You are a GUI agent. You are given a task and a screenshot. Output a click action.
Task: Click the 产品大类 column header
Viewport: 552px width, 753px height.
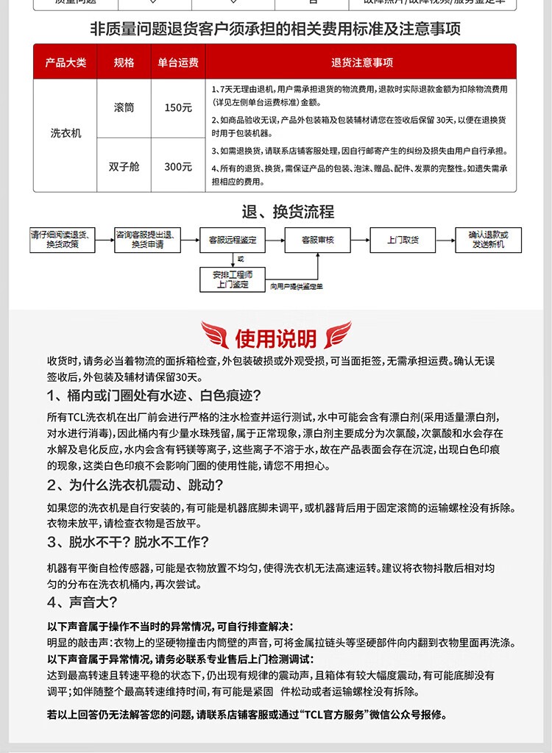coord(66,63)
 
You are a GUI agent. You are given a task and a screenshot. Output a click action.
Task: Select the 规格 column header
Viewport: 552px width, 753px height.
coord(124,63)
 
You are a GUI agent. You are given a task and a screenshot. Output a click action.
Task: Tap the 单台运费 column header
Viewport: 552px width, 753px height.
coord(177,63)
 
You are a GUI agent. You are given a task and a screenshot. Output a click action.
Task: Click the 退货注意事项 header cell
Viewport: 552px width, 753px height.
coord(362,63)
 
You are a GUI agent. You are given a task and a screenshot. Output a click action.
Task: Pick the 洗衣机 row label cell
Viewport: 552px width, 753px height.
coord(66,134)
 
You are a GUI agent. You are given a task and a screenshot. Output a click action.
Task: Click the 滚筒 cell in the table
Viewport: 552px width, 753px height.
coord(124,107)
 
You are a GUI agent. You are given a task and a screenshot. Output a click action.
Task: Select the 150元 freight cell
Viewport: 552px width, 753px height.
coord(177,107)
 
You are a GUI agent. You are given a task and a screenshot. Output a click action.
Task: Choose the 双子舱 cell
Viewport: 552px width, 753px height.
coord(124,166)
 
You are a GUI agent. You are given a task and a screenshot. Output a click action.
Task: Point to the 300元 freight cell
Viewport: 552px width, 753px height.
coord(177,166)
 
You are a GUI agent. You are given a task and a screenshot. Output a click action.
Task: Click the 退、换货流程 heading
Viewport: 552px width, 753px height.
coord(288,212)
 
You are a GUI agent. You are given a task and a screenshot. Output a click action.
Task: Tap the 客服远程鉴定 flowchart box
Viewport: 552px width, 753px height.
coord(232,240)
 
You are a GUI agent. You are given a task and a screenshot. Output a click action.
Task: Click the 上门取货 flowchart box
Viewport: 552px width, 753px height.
coord(403,240)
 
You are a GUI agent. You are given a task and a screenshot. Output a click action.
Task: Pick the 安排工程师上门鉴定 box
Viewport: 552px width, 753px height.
coord(232,279)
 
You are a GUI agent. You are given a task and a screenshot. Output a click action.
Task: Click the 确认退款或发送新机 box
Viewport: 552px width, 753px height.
coord(488,240)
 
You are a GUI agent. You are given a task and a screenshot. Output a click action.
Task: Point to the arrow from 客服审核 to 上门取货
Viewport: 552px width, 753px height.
coord(361,240)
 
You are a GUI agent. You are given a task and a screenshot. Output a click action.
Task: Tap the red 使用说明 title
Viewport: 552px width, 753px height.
coord(276,338)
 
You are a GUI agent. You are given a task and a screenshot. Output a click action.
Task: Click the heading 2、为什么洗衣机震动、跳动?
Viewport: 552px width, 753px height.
coord(135,485)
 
